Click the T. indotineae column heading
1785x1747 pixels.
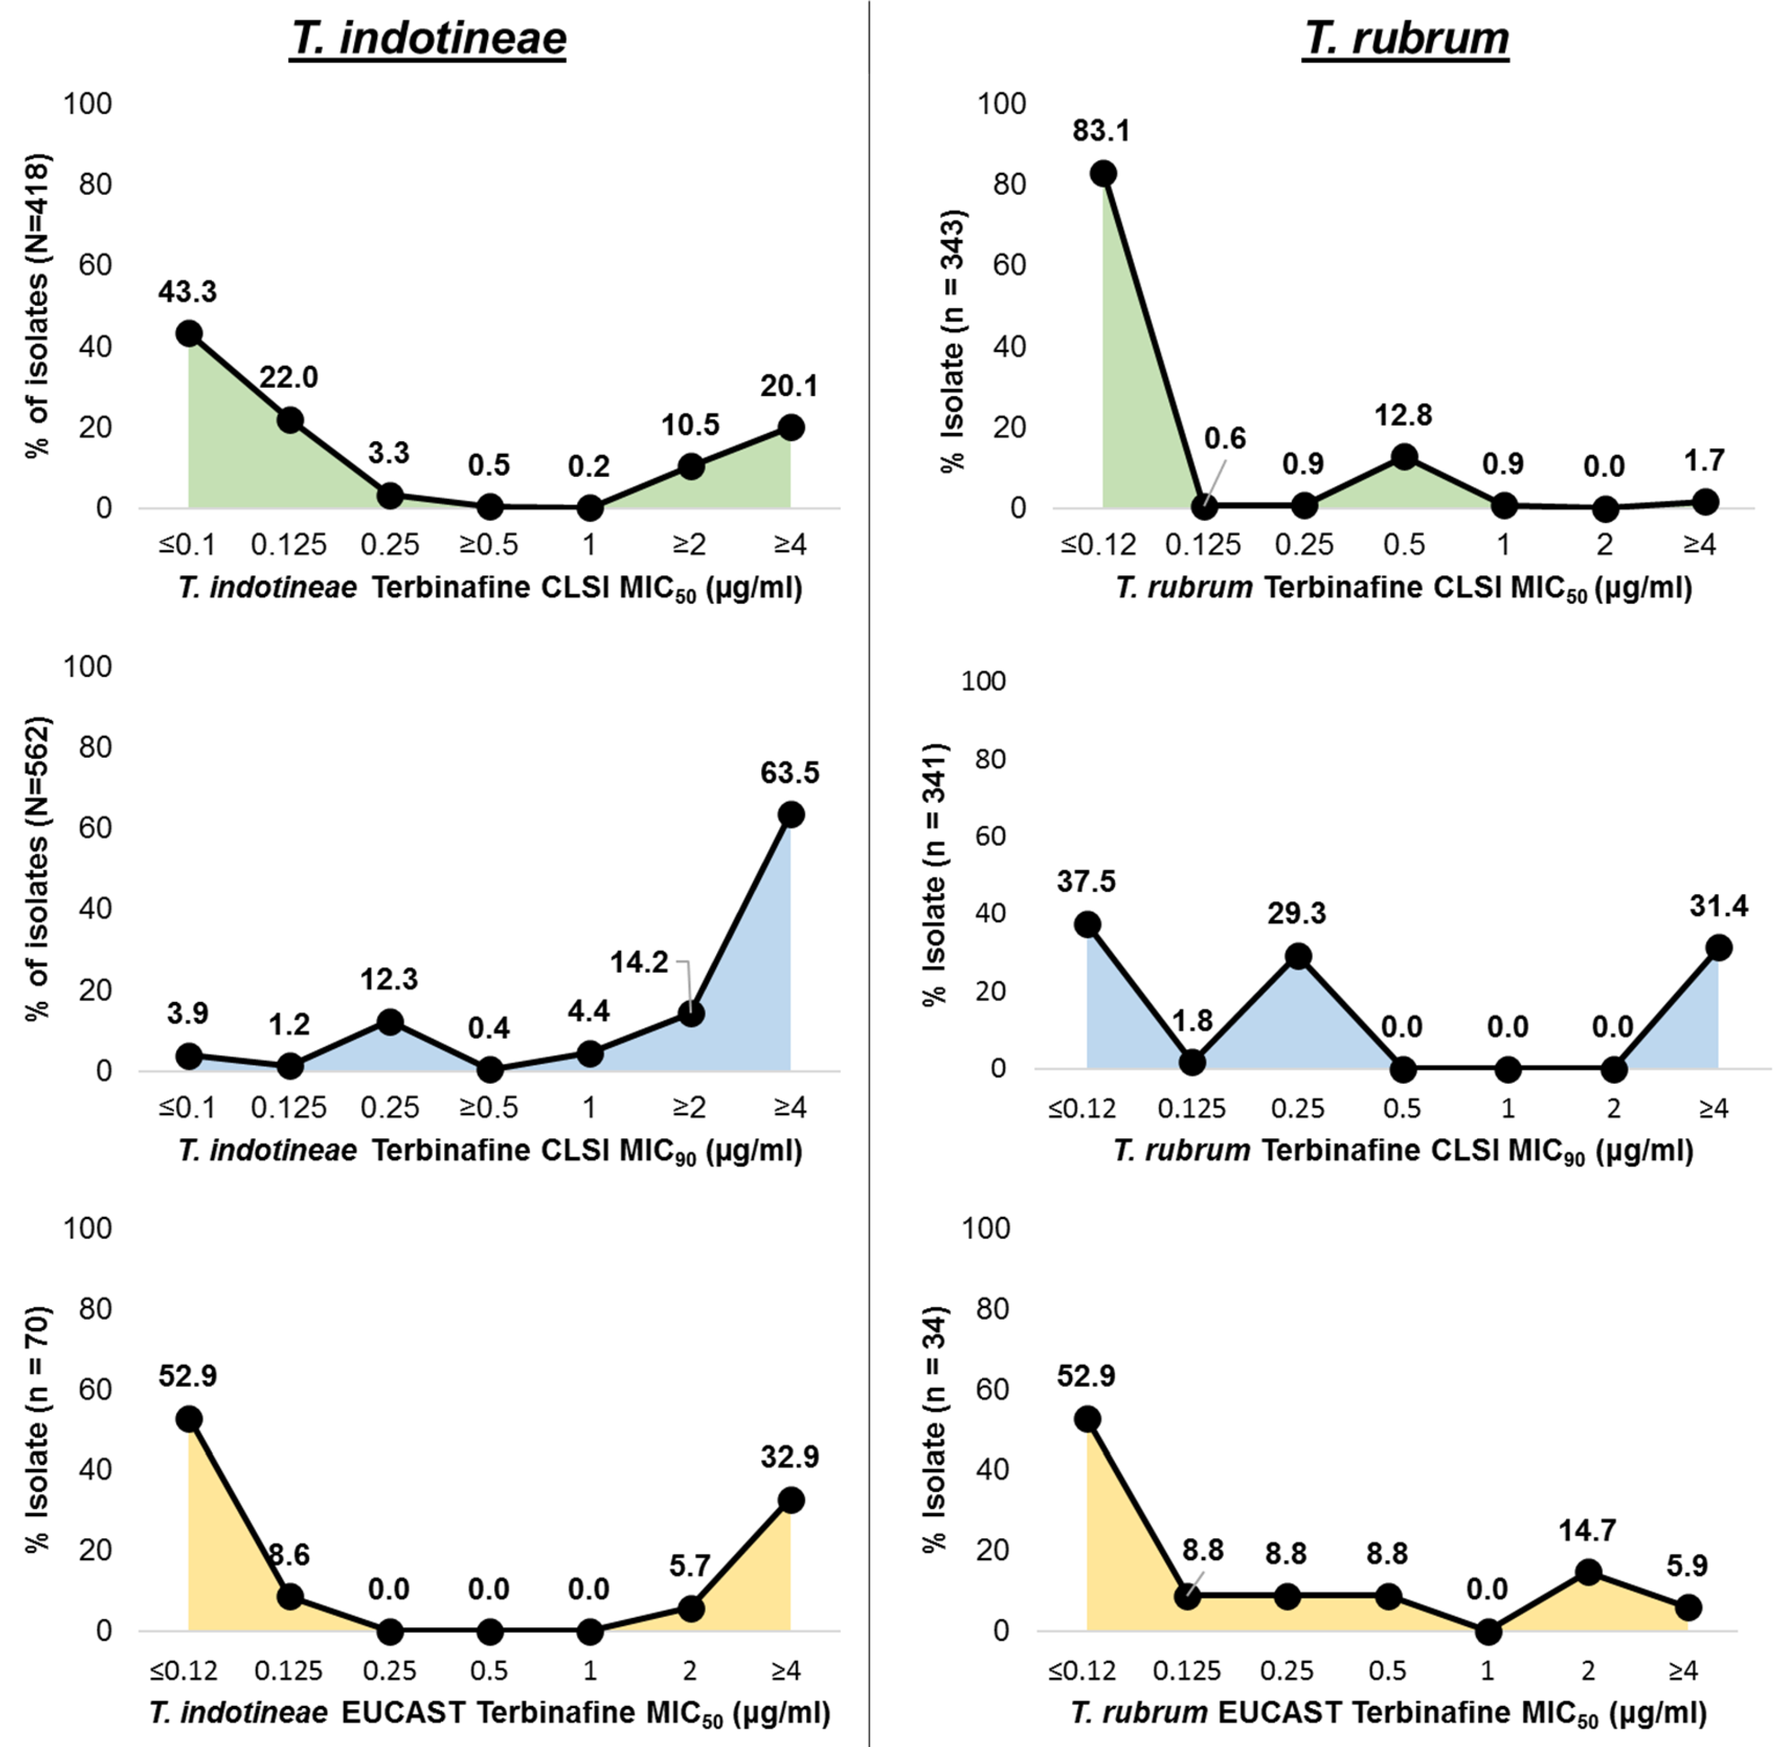point(428,38)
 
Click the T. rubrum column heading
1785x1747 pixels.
point(1405,38)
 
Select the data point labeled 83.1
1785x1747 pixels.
point(1103,174)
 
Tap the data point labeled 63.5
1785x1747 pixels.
point(791,815)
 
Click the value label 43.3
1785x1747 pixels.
point(187,292)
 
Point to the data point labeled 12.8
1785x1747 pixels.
point(1404,457)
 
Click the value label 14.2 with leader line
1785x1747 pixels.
point(639,963)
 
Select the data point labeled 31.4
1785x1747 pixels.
point(1718,948)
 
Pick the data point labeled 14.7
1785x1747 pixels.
point(1588,1573)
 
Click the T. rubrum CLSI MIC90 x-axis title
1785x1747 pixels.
point(1404,1151)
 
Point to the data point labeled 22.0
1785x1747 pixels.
point(290,420)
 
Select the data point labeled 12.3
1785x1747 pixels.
point(390,1022)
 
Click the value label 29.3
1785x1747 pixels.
point(1296,914)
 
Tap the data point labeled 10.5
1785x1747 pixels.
point(691,467)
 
